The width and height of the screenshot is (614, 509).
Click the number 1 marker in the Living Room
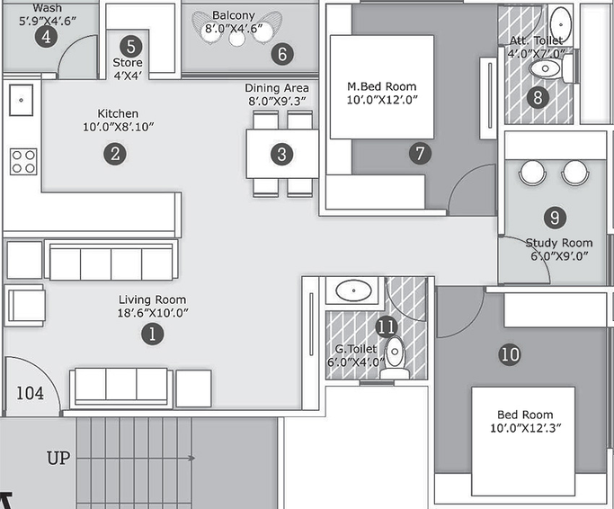tap(152, 335)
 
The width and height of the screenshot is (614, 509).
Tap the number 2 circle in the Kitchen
tap(115, 154)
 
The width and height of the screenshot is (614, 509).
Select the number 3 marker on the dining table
tap(282, 154)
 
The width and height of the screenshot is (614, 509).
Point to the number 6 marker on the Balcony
tap(282, 54)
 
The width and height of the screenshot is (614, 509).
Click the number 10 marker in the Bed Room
tap(510, 354)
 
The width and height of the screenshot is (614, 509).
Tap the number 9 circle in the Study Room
tap(555, 217)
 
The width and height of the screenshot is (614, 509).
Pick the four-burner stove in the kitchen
tap(23, 162)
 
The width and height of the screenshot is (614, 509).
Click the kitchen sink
tap(22, 100)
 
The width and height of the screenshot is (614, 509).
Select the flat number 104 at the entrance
tap(31, 393)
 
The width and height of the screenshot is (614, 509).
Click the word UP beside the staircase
tap(58, 458)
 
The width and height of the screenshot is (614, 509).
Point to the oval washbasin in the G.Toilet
tap(353, 290)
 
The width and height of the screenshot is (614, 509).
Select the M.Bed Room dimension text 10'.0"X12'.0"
tap(382, 100)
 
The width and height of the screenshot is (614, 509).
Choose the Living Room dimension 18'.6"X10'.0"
tap(153, 313)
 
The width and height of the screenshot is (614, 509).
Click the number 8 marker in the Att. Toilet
tap(538, 97)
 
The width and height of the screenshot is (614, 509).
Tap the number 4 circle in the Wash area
tap(46, 37)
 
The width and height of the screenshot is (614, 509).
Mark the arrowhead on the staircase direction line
tap(191, 458)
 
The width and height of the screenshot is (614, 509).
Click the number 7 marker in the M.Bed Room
tap(420, 153)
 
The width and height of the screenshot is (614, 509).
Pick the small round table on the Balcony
tap(237, 39)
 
